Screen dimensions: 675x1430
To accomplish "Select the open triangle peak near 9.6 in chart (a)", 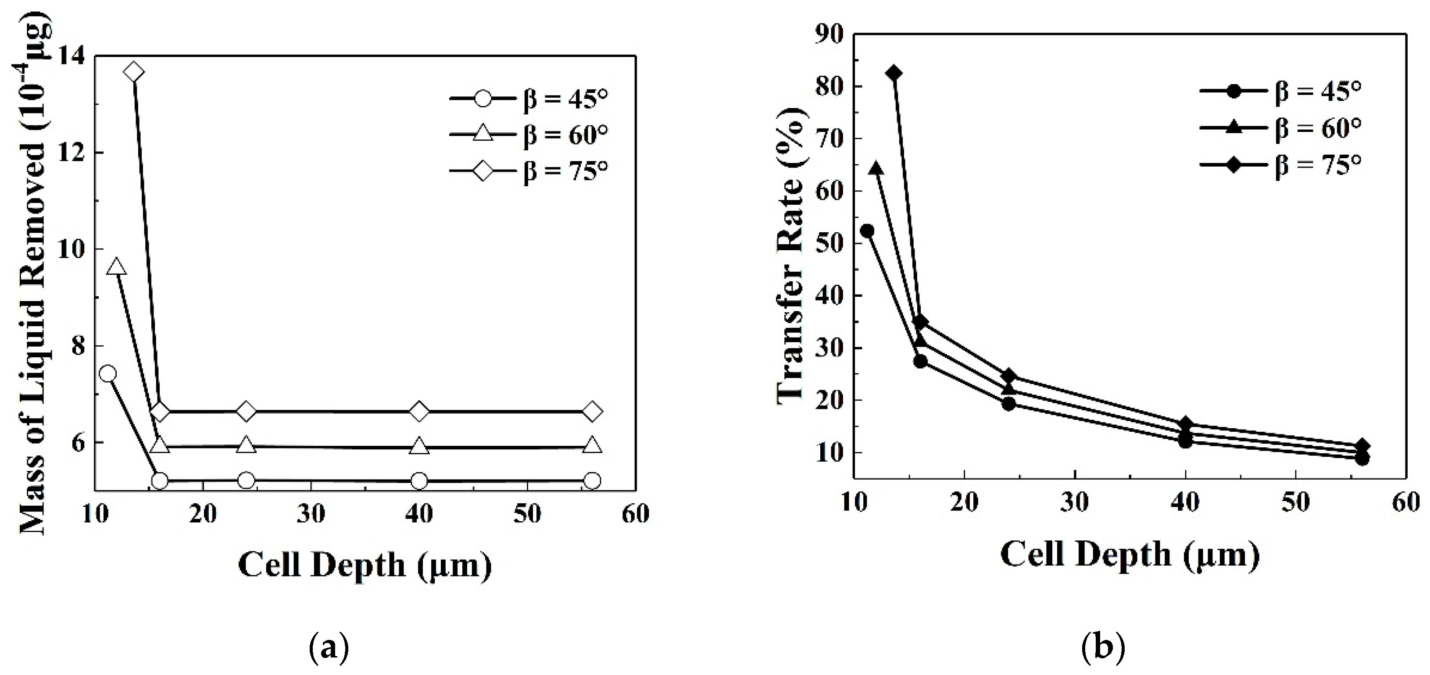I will [116, 267].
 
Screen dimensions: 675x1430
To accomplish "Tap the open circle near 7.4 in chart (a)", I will [108, 373].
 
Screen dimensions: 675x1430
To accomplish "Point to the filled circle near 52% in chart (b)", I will [866, 231].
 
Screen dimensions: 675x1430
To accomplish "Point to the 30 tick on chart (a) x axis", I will [311, 515].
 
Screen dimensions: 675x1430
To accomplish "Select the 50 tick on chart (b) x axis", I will [1296, 502].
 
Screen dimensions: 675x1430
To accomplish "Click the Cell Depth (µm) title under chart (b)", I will [1130, 554].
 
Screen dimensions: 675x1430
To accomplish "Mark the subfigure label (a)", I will [329, 647].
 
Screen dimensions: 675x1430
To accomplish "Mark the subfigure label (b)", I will [1103, 647].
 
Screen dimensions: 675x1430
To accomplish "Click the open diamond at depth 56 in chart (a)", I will [592, 412].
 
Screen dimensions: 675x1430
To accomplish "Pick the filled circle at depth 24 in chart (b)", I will [1008, 404].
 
